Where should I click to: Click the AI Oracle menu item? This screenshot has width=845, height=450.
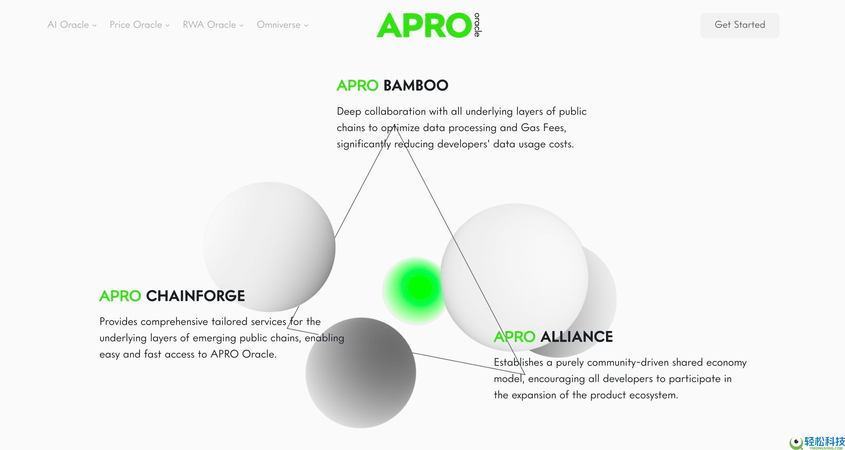tap(72, 25)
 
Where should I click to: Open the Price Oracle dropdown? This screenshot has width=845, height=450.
tap(139, 25)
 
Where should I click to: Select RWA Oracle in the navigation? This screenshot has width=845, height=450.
tap(213, 25)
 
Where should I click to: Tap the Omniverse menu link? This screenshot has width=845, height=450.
tap(282, 25)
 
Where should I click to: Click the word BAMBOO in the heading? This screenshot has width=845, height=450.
tap(416, 86)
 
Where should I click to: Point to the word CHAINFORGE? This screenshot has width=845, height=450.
tap(196, 296)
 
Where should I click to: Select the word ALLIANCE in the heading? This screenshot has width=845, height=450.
tap(576, 337)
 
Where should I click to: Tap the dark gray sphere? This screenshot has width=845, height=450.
tap(361, 373)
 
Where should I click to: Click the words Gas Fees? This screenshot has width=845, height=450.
tap(543, 128)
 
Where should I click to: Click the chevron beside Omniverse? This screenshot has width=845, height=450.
tap(306, 25)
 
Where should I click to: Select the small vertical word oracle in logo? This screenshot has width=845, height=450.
tap(477, 25)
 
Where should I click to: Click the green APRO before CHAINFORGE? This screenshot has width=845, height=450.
tap(120, 296)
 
